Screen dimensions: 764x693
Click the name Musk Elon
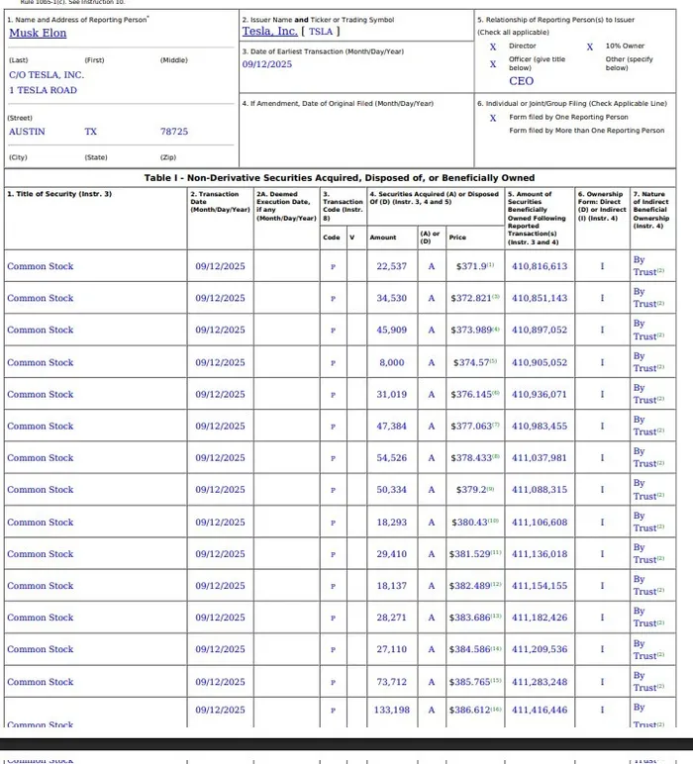point(38,33)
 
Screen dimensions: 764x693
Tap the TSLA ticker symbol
point(321,32)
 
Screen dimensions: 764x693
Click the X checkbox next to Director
point(493,47)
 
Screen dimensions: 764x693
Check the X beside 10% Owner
point(590,47)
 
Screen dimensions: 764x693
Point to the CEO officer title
point(521,81)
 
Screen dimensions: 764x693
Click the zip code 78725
point(173,131)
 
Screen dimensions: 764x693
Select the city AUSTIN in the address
point(27,131)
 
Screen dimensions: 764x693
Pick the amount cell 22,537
point(391,266)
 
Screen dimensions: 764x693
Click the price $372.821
point(471,298)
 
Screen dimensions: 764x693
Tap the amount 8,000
point(392,362)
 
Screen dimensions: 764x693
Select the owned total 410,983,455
point(540,426)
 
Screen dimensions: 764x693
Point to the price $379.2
point(470,490)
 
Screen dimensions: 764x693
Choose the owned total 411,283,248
point(540,682)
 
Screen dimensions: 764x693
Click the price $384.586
point(471,649)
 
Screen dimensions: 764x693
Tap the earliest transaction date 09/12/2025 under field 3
point(267,64)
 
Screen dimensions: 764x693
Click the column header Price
point(457,238)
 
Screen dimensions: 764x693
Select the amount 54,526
point(391,458)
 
